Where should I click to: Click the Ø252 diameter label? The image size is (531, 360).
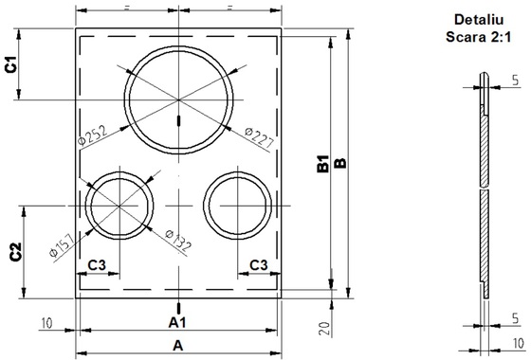pos(92,135)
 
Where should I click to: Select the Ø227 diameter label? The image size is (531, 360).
pos(259,137)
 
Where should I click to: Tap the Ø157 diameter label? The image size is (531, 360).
pos(62,246)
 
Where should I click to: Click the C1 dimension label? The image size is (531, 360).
pos(11,64)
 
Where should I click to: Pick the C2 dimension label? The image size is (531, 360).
pos(15,252)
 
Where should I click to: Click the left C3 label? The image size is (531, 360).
pos(97,265)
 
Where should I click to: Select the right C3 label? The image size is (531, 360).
pos(258,265)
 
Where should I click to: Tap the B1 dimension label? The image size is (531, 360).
pos(323,163)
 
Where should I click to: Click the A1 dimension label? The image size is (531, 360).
pos(177,323)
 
